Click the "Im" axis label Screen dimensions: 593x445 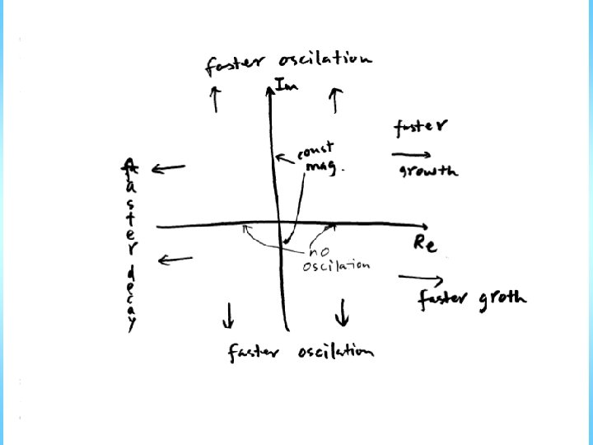pyautogui.click(x=286, y=84)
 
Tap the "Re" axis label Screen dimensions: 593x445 pyautogui.click(x=424, y=244)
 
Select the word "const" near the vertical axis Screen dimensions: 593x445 pyautogui.click(x=315, y=151)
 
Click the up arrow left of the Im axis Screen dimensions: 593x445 pyautogui.click(x=215, y=98)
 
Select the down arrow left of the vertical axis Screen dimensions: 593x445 pyautogui.click(x=228, y=314)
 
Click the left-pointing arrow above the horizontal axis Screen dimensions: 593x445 pyautogui.click(x=168, y=169)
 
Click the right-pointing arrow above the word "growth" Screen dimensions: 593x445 pyautogui.click(x=411, y=154)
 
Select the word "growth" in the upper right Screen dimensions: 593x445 pyautogui.click(x=428, y=171)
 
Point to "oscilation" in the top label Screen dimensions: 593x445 pyautogui.click(x=325, y=60)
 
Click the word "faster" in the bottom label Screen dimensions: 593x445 pyautogui.click(x=253, y=353)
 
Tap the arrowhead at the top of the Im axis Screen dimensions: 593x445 pyautogui.click(x=270, y=84)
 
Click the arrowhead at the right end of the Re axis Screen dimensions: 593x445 pyautogui.click(x=424, y=226)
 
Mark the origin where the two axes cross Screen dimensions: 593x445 pyautogui.click(x=278, y=224)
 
